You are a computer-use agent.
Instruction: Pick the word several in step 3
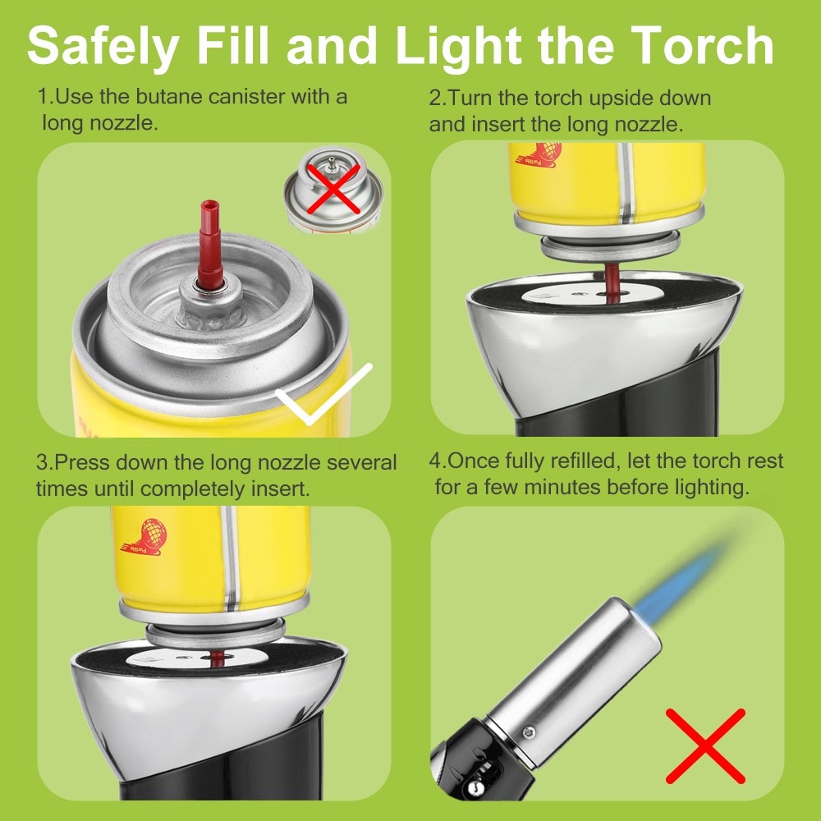point(362,462)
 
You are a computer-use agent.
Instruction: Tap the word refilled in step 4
point(579,461)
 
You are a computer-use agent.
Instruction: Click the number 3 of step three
point(41,462)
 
